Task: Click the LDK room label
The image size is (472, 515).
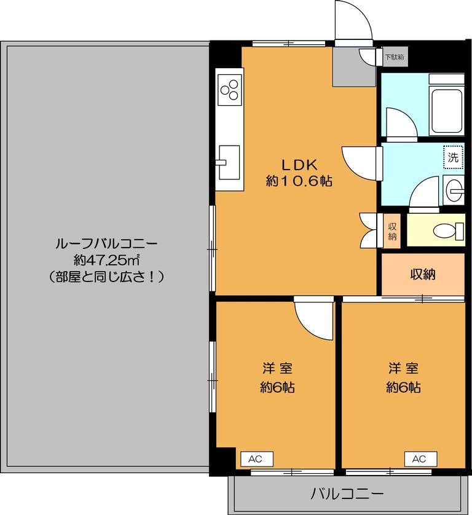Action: pos(299,165)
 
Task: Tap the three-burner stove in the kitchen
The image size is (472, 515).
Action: pos(230,90)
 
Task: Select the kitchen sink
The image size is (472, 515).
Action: pos(229,162)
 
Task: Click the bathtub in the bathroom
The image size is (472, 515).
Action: pos(447,112)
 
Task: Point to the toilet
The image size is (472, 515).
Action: pos(448,230)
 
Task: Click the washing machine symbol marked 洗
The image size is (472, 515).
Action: pos(454,157)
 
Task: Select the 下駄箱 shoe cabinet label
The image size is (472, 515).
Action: pos(394,57)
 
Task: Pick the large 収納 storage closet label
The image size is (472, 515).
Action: pos(423,274)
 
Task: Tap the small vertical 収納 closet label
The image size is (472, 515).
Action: pos(392,231)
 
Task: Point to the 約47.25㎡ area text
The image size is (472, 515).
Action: pos(107,260)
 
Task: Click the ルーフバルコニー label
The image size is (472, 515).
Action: pos(107,243)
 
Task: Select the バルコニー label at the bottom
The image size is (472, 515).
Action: pos(347,493)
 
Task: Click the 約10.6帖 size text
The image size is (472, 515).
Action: pos(299,181)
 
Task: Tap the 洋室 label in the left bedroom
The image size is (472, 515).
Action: pos(277,368)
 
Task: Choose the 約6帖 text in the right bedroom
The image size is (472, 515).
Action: pos(403,387)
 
